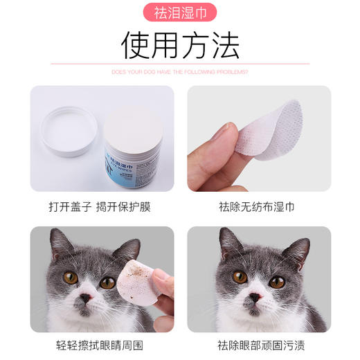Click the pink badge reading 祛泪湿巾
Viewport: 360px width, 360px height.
179,12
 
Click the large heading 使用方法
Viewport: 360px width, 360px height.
179,46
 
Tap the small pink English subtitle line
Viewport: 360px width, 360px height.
179,72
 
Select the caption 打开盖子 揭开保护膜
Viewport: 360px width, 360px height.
102,206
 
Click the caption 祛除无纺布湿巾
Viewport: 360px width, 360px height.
258,206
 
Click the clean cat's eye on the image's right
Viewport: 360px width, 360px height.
277,282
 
